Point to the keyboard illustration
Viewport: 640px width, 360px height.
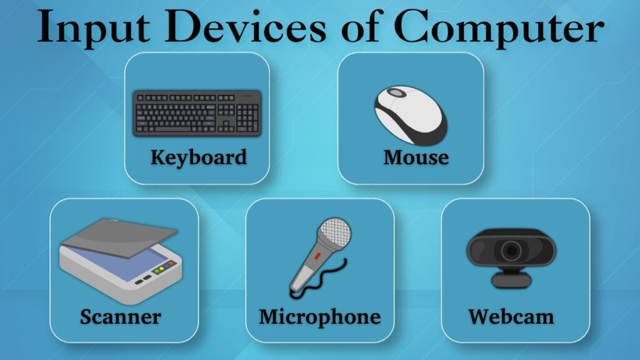(197, 112)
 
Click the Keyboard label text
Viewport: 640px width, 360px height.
(198, 156)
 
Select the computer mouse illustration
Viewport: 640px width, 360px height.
(411, 116)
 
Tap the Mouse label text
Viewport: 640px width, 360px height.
(416, 156)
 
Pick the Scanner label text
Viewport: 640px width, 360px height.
(120, 316)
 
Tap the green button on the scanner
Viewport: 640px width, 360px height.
(165, 269)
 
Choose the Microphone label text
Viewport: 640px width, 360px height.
(319, 316)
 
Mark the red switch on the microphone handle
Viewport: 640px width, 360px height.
(318, 256)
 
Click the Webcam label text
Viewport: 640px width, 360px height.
(511, 316)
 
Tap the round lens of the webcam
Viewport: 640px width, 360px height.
(511, 251)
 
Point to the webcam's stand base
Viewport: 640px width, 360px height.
(511, 281)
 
